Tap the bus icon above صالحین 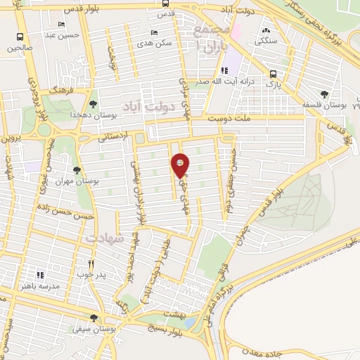coord(20,37)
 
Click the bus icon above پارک coord(274,73)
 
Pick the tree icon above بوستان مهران coord(76,170)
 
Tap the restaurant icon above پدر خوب coord(91,263)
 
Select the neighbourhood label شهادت coord(105,239)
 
